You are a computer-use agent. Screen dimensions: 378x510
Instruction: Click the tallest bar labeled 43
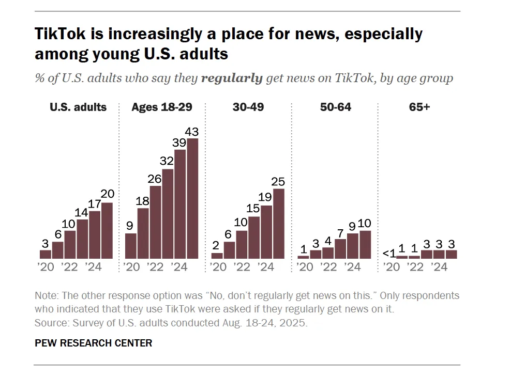click(x=192, y=198)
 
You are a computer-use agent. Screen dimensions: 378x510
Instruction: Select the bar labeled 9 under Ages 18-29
click(x=131, y=246)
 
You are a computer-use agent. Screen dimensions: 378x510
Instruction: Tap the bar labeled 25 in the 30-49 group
click(x=279, y=224)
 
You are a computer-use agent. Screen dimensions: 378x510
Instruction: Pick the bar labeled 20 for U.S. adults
click(x=107, y=230)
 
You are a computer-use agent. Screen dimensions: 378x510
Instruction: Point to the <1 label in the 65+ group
click(x=389, y=253)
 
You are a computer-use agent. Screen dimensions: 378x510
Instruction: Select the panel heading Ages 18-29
click(x=162, y=107)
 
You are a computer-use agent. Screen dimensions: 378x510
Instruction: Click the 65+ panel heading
click(x=419, y=107)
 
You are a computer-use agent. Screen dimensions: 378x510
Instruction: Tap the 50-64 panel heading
click(x=335, y=107)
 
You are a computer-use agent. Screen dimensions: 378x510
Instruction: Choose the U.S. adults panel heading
click(x=78, y=107)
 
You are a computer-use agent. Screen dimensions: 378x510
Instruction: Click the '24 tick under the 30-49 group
click(x=265, y=267)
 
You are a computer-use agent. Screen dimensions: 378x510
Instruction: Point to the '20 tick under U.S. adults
click(x=45, y=267)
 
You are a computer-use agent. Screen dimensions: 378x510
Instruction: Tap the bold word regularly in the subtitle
click(x=232, y=78)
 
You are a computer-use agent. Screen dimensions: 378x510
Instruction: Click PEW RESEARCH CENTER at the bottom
click(x=93, y=343)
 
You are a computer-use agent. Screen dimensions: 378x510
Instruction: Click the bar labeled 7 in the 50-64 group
click(x=340, y=248)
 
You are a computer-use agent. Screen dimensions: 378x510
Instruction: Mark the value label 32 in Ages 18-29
click(x=168, y=160)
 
